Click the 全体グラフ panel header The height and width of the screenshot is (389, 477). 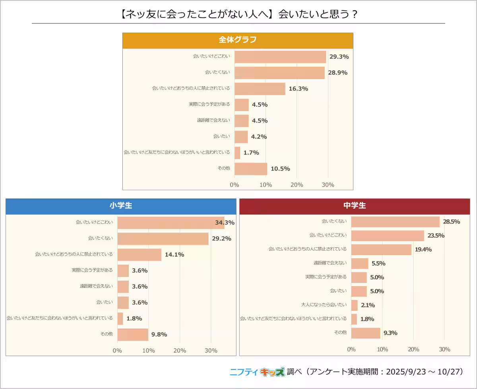click(x=238, y=40)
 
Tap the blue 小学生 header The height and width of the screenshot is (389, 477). click(x=121, y=206)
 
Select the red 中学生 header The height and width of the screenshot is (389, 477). click(x=355, y=206)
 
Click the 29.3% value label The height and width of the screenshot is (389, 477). click(x=339, y=57)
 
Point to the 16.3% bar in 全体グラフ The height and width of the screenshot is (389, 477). click(x=260, y=89)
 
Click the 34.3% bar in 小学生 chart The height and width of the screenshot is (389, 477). click(x=171, y=223)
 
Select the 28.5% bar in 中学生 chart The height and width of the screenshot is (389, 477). click(x=395, y=221)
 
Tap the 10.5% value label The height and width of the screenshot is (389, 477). click(x=280, y=169)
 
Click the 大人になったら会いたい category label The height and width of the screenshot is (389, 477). click(x=324, y=305)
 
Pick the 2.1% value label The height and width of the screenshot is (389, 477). click(x=368, y=305)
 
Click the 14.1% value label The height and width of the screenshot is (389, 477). click(x=175, y=255)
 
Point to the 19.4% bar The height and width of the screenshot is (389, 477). click(x=381, y=249)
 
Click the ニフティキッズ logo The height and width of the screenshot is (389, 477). click(x=257, y=372)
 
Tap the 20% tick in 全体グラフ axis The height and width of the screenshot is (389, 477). click(x=297, y=185)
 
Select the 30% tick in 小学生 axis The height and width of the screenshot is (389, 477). click(x=211, y=350)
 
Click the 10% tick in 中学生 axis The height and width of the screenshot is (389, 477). click(x=382, y=349)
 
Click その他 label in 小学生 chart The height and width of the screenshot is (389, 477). click(x=106, y=334)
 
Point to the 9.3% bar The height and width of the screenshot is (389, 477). click(x=366, y=333)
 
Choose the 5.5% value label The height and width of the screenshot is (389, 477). click(x=378, y=263)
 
